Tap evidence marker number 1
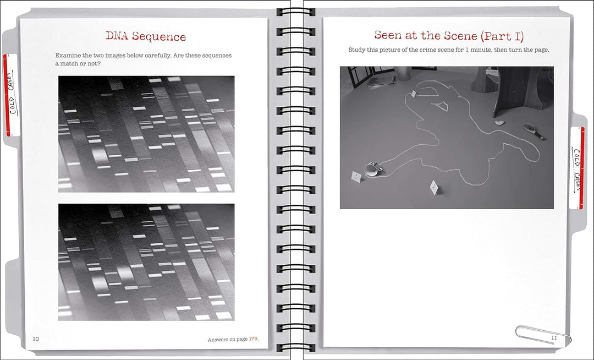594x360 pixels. (x=356, y=176)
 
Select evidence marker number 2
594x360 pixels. (x=434, y=187)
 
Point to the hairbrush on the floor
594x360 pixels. (x=533, y=132)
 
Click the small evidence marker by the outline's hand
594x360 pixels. (x=414, y=94)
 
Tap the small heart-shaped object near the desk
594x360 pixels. (x=500, y=122)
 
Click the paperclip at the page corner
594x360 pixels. (x=543, y=335)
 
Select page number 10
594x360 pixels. (x=36, y=339)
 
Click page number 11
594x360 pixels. (x=554, y=337)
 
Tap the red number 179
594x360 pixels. (x=254, y=339)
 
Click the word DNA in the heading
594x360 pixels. (x=118, y=36)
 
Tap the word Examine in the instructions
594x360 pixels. (x=68, y=56)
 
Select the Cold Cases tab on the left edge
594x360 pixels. (x=12, y=95)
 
